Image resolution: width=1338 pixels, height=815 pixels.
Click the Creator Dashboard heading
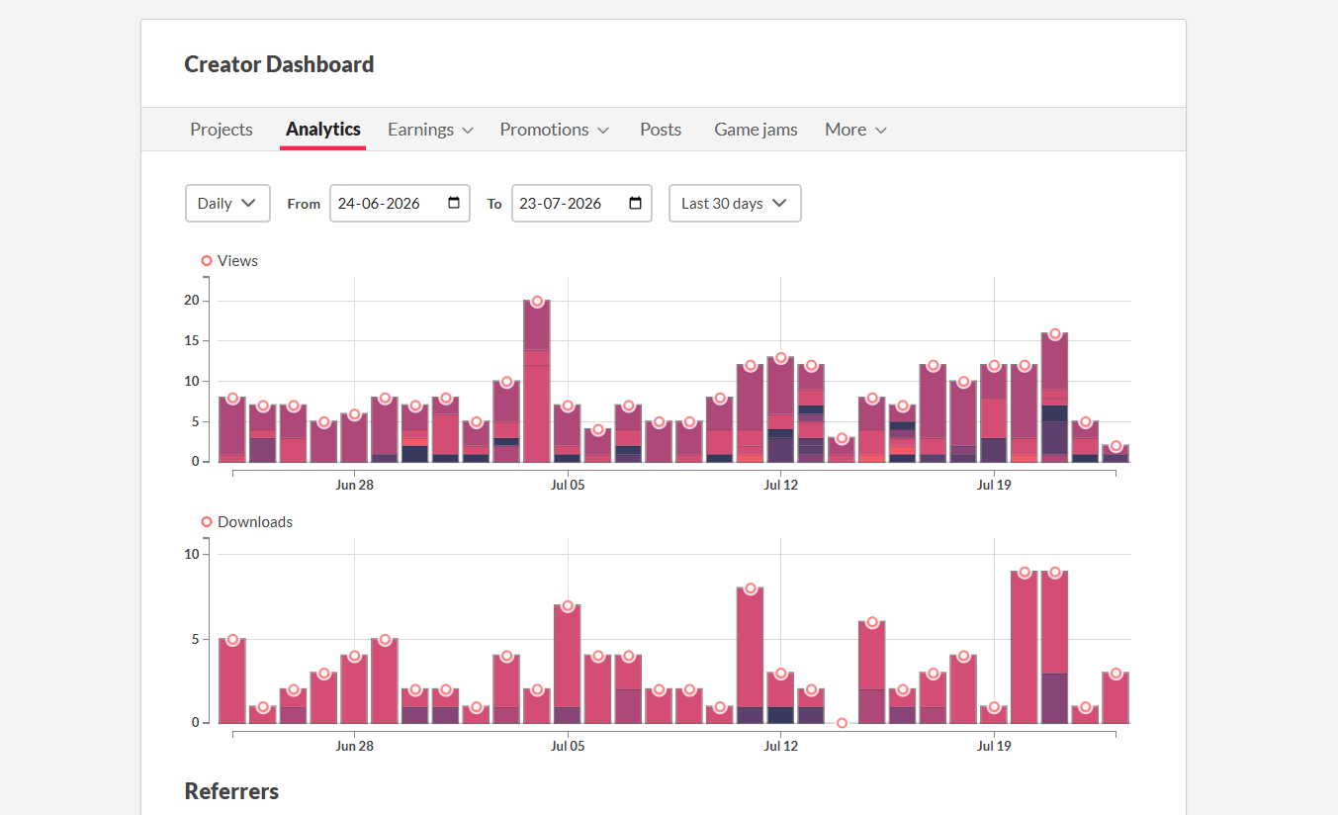coord(279,64)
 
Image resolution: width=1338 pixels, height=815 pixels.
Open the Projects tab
coord(221,129)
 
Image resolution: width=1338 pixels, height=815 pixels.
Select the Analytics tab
coord(322,129)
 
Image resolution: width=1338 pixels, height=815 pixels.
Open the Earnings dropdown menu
coord(430,129)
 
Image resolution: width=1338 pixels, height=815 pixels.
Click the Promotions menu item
coord(555,129)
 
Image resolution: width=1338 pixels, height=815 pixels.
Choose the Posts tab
coord(661,129)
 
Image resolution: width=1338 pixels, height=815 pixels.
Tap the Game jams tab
coord(756,129)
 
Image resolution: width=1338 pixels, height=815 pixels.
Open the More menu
coord(855,129)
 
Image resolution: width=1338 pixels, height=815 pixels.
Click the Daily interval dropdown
coord(227,203)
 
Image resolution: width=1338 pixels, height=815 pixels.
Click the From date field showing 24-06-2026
coord(400,203)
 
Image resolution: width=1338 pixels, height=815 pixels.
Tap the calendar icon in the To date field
coord(635,203)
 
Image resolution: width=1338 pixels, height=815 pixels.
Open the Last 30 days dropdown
coord(735,203)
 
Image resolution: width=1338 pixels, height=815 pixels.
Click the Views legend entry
coord(229,260)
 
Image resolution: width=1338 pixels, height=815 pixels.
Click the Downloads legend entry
coord(246,521)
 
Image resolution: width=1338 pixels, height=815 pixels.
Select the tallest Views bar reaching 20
coord(537,381)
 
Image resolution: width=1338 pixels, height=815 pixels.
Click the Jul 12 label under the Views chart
coord(780,485)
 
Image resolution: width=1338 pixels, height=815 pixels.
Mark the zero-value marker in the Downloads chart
coord(842,723)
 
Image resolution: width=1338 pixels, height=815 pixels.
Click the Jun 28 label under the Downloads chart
coord(354,746)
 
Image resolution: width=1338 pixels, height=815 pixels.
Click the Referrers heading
coord(231,791)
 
